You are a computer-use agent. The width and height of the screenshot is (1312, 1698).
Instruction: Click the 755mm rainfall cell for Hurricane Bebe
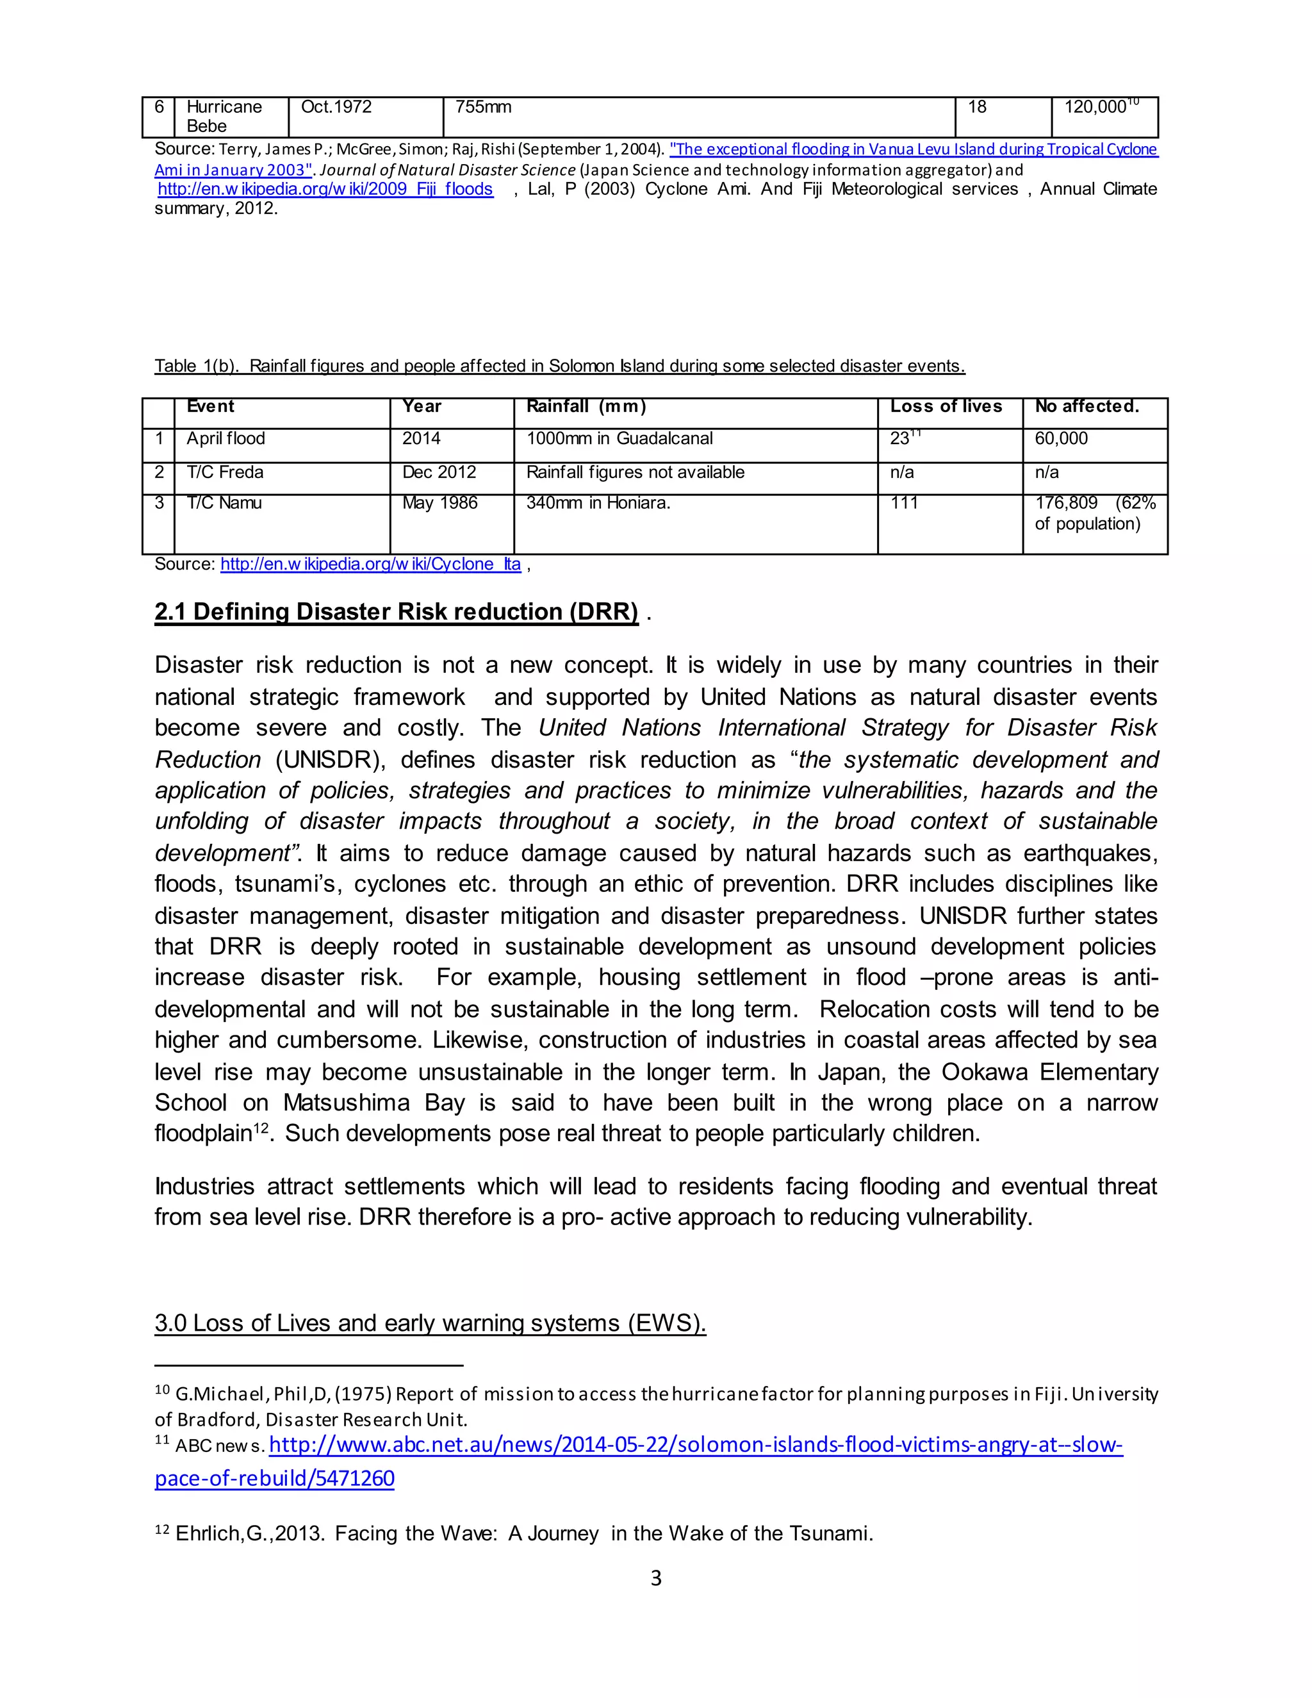pyautogui.click(x=484, y=107)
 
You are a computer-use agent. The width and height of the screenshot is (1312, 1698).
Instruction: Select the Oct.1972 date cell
pyautogui.click(x=336, y=107)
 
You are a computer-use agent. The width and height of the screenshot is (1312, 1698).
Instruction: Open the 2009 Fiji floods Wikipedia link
pyautogui.click(x=325, y=190)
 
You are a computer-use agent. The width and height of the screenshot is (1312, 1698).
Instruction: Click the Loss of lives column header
pyautogui.click(x=946, y=407)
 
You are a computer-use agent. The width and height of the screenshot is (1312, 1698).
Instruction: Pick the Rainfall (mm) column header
pyautogui.click(x=586, y=407)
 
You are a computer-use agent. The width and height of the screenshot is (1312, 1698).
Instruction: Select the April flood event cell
pyautogui.click(x=226, y=438)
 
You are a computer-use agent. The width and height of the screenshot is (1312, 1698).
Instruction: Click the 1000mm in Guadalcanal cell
pyautogui.click(x=619, y=438)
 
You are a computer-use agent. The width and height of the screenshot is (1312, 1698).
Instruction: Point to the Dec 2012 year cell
pyautogui.click(x=439, y=473)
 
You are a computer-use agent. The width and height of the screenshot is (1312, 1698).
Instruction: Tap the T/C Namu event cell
pyautogui.click(x=224, y=503)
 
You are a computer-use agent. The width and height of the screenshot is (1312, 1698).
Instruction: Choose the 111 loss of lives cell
pyautogui.click(x=904, y=503)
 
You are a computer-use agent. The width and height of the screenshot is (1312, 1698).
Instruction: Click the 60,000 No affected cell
pyautogui.click(x=1061, y=438)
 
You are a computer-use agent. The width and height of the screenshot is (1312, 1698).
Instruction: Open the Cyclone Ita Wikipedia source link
pyautogui.click(x=370, y=565)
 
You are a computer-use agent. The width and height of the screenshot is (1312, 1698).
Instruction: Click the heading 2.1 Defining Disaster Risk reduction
pyautogui.click(x=397, y=612)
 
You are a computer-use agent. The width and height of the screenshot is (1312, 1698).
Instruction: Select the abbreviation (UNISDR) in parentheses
pyautogui.click(x=331, y=759)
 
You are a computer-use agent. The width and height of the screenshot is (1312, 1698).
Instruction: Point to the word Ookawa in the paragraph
pyautogui.click(x=984, y=1072)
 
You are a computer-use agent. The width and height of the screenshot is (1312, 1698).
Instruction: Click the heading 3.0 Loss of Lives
pyautogui.click(x=430, y=1323)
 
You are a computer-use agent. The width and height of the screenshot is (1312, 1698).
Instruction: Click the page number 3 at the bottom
pyautogui.click(x=655, y=1578)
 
